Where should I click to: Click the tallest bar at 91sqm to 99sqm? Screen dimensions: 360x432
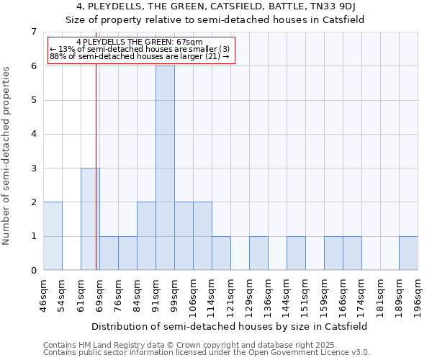tap(165, 168)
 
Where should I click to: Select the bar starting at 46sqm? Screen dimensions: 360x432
tap(53, 236)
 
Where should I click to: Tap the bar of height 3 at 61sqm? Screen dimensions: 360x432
tap(90, 219)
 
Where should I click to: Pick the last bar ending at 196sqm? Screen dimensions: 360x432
tap(408, 253)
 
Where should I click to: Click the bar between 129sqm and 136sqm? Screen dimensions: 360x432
tap(258, 253)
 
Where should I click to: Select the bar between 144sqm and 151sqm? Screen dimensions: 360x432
tap(296, 253)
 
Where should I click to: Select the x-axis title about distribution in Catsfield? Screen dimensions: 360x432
tap(230, 326)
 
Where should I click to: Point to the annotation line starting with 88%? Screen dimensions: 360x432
tap(140, 56)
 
